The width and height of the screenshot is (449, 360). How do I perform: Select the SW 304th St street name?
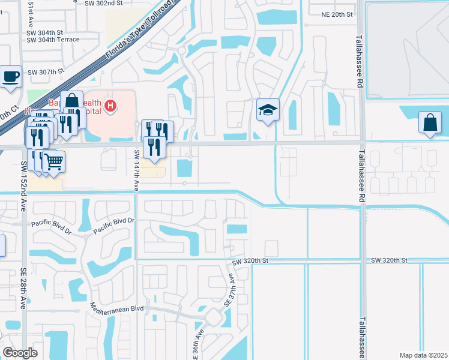click(x=45, y=32)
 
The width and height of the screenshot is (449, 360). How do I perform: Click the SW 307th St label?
click(x=45, y=71)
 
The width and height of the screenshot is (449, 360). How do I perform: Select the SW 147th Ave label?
click(x=137, y=170)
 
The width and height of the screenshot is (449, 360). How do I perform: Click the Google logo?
click(x=20, y=353)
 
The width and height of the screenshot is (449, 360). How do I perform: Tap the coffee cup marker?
click(x=11, y=77)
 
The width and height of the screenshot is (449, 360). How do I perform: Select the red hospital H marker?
click(x=110, y=107)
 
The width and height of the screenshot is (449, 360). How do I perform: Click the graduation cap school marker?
click(x=268, y=110)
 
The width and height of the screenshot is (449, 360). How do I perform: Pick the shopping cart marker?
click(x=53, y=161)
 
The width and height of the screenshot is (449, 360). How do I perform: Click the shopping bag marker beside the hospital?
click(x=71, y=100)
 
